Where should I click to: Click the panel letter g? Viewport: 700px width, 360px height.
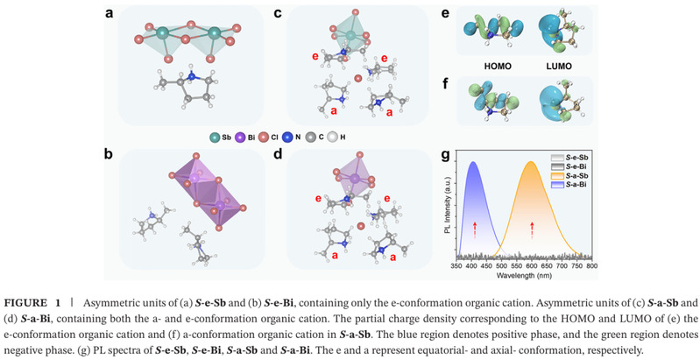point(445,155)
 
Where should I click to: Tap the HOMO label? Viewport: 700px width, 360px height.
point(498,67)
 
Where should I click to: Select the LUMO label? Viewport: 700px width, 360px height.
point(559,67)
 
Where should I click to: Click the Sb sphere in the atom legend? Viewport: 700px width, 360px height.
point(216,137)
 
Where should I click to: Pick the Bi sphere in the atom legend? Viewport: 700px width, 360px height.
point(241,137)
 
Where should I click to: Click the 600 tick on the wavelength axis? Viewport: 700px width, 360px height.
point(531,266)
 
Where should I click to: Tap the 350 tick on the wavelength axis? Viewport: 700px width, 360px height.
point(456,266)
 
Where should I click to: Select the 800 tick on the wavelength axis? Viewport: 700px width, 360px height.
point(591,266)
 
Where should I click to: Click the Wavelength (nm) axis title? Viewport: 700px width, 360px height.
point(524,275)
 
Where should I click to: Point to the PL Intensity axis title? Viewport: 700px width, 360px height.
point(447,205)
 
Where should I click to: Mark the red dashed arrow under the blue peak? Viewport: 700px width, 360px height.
point(475,230)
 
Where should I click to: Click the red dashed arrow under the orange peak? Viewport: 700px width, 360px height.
point(532,230)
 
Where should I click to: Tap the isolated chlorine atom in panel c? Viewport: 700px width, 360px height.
point(357,79)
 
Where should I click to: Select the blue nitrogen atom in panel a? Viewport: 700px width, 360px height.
point(192,77)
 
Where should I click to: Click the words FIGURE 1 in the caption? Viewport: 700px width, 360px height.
point(32,303)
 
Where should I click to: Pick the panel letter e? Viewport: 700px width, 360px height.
point(445,14)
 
